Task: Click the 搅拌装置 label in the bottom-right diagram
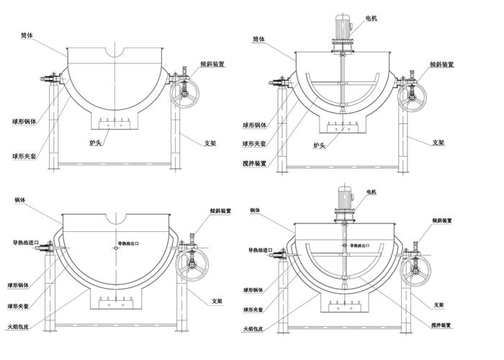click(x=443, y=325)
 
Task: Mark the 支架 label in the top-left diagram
click(x=211, y=144)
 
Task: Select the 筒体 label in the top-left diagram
click(x=27, y=35)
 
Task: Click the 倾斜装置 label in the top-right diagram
click(x=442, y=64)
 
